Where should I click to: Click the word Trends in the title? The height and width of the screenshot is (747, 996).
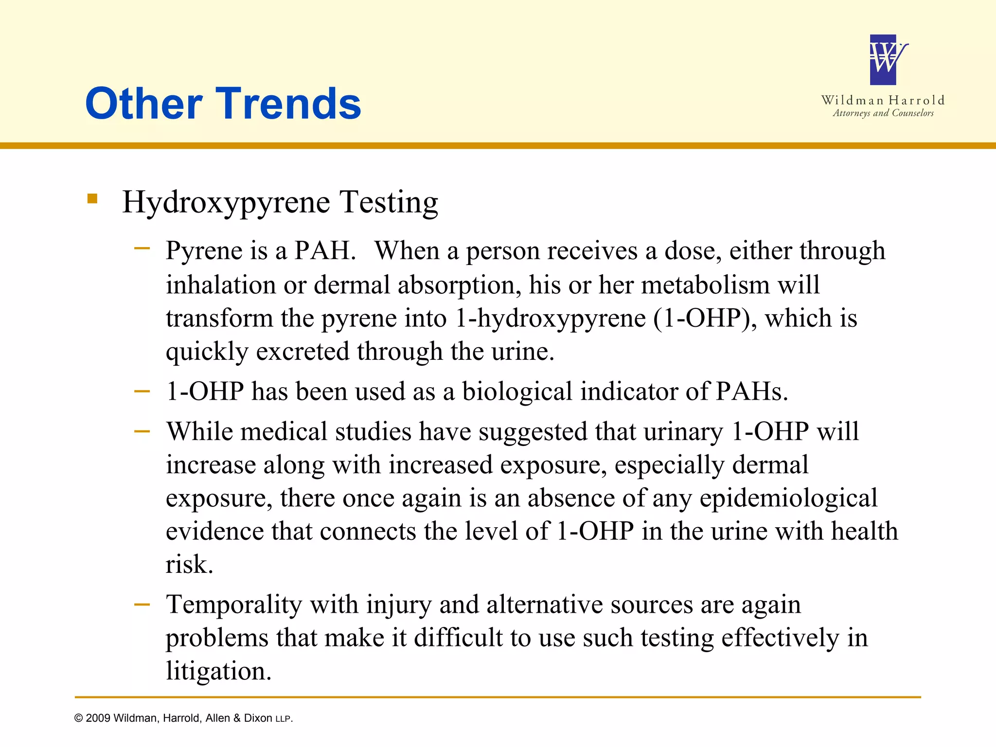(291, 104)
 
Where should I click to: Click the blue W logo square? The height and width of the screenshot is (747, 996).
(883, 60)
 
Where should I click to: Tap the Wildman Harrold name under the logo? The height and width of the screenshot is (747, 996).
(883, 100)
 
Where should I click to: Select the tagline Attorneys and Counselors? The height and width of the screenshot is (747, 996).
(883, 113)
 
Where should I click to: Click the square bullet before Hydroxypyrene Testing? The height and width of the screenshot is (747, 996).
(92, 198)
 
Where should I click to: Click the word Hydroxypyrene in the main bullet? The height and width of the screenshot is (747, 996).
(226, 202)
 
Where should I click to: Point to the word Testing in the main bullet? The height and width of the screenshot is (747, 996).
(389, 202)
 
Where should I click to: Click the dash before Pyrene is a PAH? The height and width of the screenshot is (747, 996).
(142, 248)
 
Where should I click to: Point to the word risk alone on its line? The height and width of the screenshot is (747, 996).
(189, 564)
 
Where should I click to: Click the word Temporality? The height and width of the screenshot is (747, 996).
(234, 605)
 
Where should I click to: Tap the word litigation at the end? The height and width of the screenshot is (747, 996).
(218, 671)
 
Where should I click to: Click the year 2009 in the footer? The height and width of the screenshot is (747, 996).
(98, 718)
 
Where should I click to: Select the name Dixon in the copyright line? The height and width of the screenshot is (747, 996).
(258, 718)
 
